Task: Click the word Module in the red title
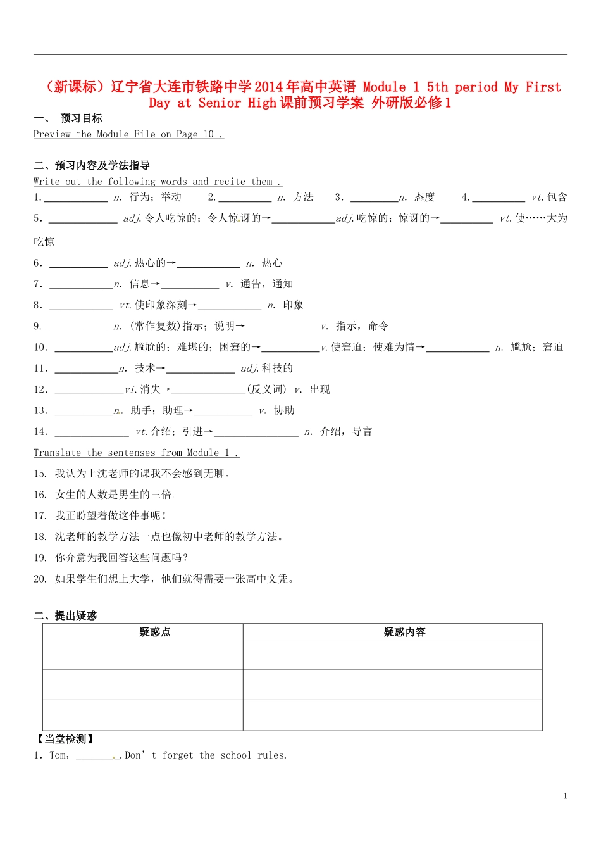(x=384, y=87)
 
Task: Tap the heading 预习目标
(x=81, y=118)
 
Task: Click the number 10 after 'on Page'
(x=209, y=134)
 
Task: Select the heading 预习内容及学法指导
(x=102, y=165)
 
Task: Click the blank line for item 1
(x=76, y=199)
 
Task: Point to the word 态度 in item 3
(x=424, y=198)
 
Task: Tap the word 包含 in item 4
(x=557, y=198)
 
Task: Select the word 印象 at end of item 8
(x=294, y=305)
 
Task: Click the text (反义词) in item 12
(x=266, y=389)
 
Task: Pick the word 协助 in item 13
(x=285, y=410)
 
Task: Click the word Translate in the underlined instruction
(x=57, y=453)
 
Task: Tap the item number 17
(x=40, y=516)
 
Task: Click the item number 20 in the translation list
(x=40, y=579)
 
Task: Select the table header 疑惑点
(x=155, y=632)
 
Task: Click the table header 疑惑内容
(x=405, y=632)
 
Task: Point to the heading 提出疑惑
(x=76, y=615)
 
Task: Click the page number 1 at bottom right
(x=565, y=796)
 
